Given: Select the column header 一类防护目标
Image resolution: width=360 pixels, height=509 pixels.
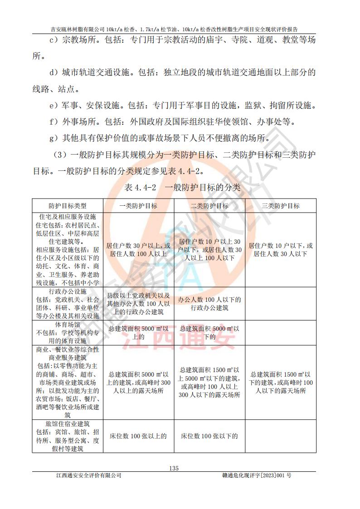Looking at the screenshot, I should click(x=138, y=205).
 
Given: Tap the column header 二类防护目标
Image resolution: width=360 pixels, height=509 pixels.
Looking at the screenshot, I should click(x=209, y=205).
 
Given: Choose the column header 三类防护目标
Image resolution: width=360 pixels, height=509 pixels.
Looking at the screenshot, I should click(x=281, y=205).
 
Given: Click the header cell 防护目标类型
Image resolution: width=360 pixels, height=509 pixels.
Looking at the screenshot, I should click(x=68, y=205).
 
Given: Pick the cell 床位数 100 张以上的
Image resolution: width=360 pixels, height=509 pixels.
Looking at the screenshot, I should click(x=138, y=436).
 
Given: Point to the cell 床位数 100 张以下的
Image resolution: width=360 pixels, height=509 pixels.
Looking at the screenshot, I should click(x=209, y=436).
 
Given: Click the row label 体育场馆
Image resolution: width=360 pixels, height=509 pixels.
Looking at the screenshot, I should click(x=68, y=325).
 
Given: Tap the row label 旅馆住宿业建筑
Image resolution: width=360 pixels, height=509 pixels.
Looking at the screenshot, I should click(x=68, y=424).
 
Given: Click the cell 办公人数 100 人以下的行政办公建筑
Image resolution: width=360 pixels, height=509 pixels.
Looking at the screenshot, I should click(x=209, y=304).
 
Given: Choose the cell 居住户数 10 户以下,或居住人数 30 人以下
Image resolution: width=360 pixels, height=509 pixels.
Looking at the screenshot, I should click(x=281, y=250).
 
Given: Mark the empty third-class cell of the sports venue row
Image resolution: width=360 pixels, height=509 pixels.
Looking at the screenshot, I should click(x=281, y=333).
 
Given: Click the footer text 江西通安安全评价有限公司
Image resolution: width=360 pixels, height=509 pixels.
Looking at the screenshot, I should click(x=89, y=475).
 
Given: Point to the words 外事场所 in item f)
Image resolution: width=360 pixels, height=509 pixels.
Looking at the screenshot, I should click(x=79, y=122).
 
